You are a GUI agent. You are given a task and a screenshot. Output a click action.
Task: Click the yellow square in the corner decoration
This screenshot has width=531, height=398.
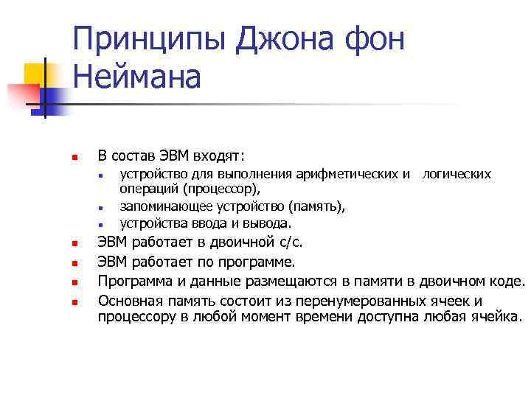(35, 74)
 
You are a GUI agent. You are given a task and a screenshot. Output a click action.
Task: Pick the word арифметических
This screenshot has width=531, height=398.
(356, 175)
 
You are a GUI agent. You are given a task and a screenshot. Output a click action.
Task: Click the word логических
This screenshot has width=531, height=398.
(457, 175)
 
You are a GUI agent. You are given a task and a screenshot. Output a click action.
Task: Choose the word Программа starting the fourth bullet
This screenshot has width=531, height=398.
(134, 282)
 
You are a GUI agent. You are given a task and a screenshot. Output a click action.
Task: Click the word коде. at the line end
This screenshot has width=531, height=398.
(508, 282)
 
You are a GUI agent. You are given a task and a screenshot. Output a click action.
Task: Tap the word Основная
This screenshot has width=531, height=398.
(132, 301)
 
